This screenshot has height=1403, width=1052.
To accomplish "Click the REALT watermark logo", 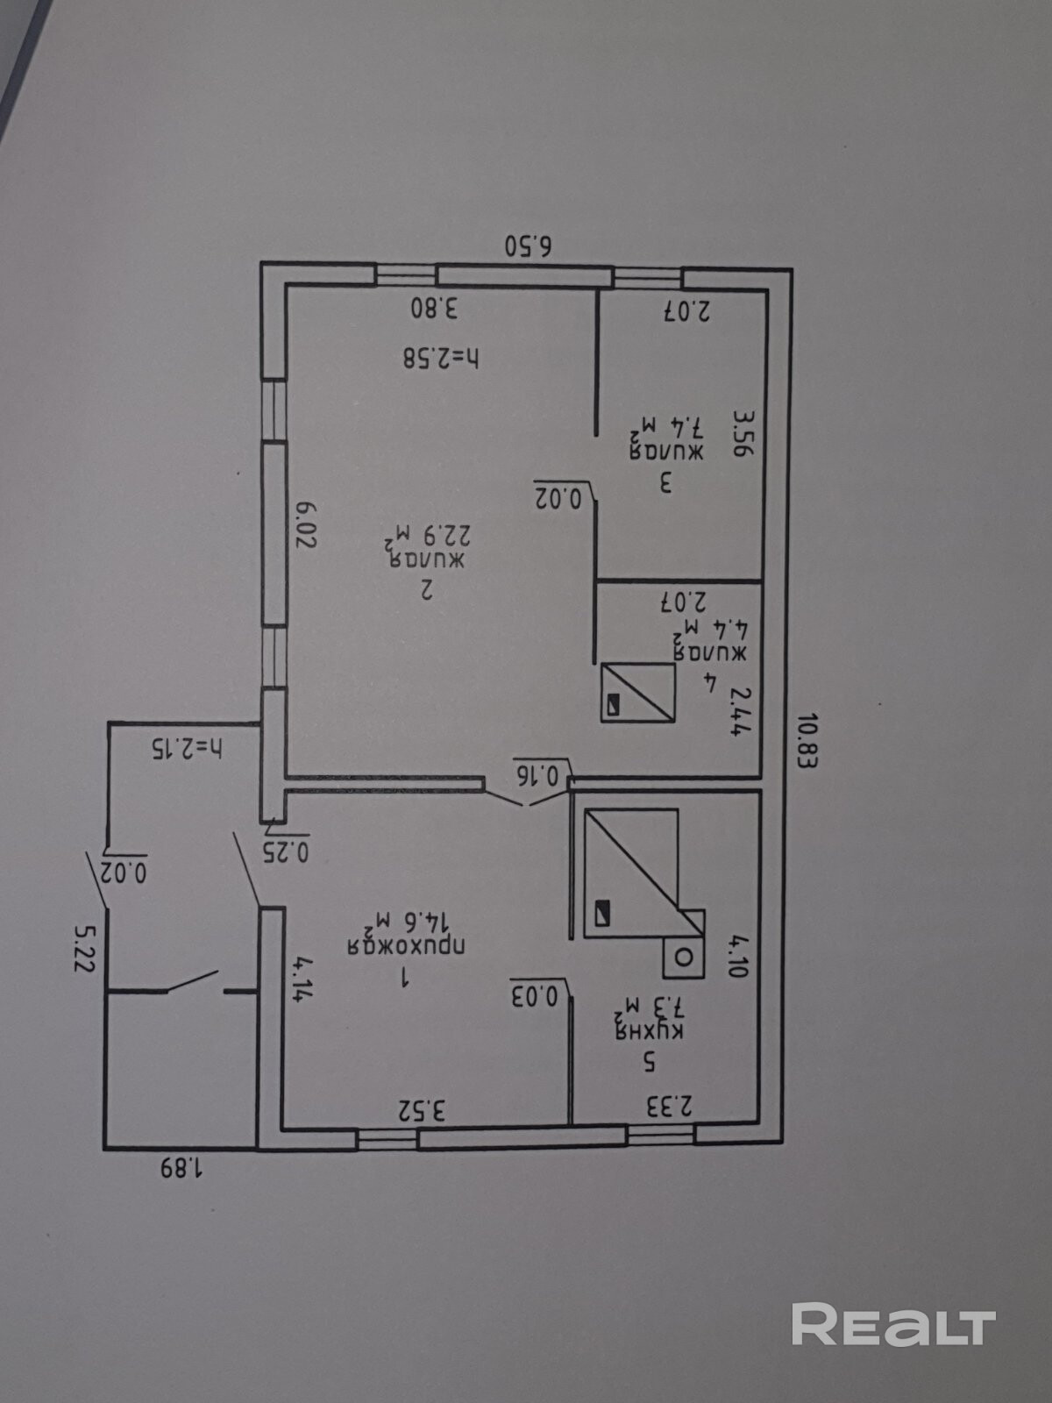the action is coord(893,1324).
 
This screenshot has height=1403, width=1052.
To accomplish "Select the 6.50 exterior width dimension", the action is coord(529,246).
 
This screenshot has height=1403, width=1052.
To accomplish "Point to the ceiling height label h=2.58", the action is coord(442,358).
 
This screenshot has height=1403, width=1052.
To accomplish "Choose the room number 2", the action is coord(427,590).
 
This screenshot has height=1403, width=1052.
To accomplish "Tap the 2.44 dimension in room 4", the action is coord(741,710).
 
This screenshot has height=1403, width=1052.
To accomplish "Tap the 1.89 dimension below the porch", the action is coord(181,1168).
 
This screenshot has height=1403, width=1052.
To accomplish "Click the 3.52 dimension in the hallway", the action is coord(423,1110).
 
